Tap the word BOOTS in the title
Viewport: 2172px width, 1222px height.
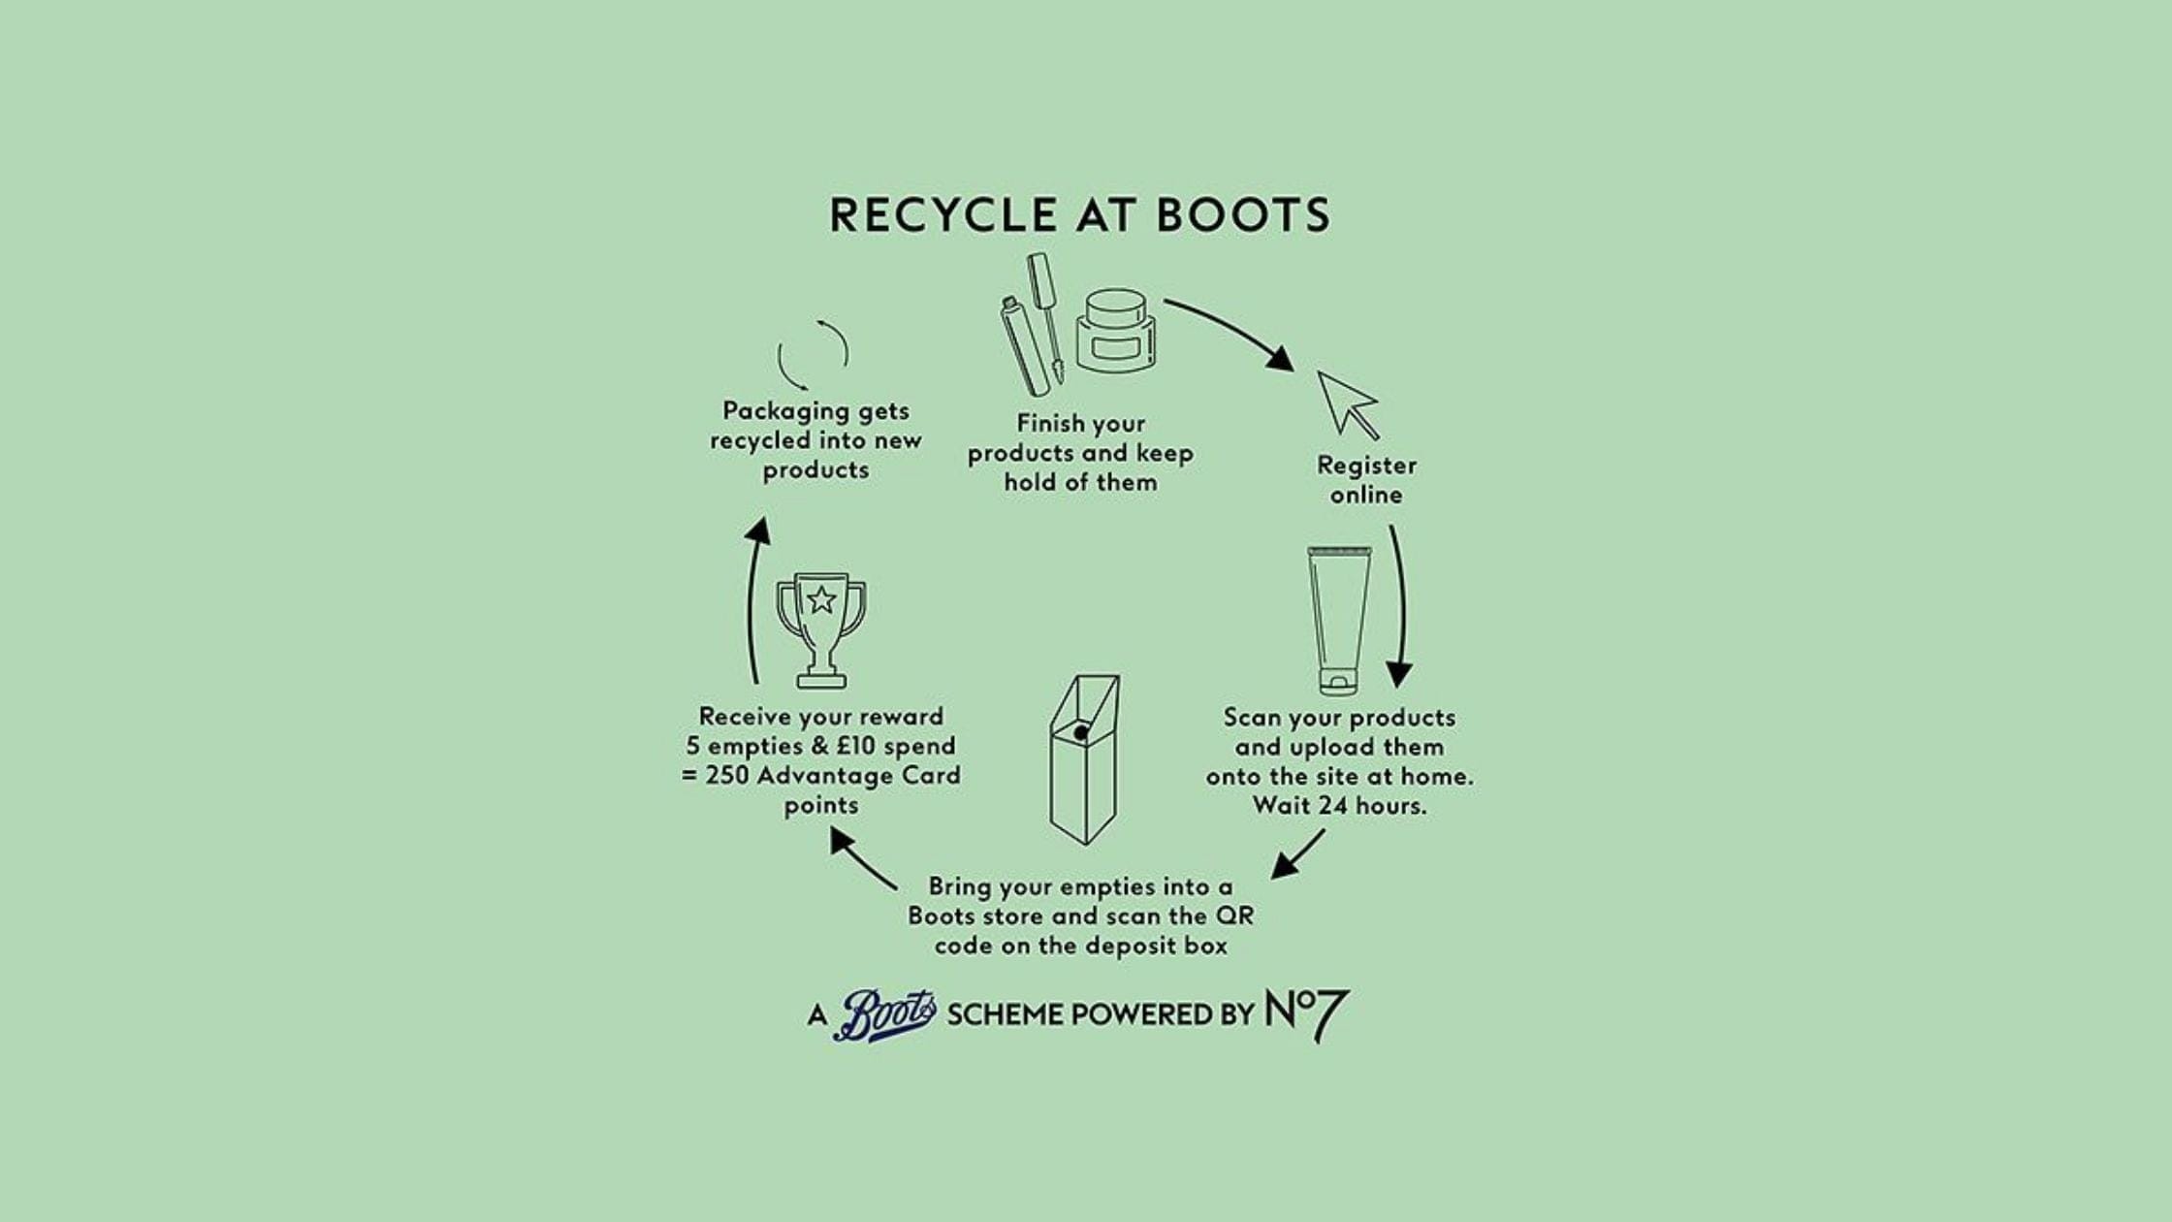tap(1243, 215)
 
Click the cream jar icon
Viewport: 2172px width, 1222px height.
tap(1116, 331)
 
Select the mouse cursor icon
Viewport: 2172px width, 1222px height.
tap(1347, 404)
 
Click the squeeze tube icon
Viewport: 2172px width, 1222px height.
tap(1339, 620)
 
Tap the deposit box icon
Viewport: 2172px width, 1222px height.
tap(1084, 759)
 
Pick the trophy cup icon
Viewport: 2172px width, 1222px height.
tap(821, 629)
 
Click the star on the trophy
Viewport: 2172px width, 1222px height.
tap(821, 600)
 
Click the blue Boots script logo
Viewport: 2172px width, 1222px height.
tap(884, 1015)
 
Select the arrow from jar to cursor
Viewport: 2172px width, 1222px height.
tap(1230, 330)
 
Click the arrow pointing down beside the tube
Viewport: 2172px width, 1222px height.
tap(1399, 606)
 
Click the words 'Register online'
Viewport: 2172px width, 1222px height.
tap(1366, 480)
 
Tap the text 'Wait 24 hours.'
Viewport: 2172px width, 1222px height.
tap(1339, 806)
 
